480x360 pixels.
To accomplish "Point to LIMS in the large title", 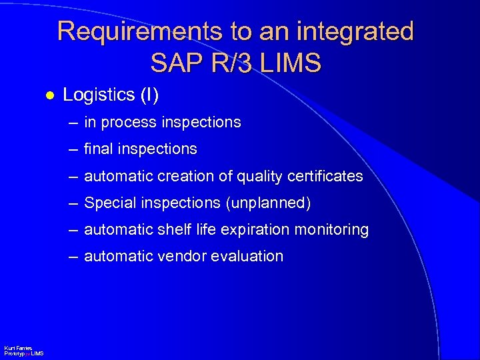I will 291,63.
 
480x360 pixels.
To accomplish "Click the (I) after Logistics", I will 148,95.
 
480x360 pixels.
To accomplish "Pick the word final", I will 98,149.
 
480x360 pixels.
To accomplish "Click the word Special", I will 109,203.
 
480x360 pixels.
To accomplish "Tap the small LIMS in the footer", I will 37,353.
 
